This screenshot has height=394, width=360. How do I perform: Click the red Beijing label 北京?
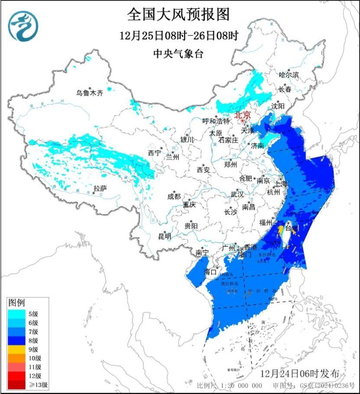click(x=242, y=115)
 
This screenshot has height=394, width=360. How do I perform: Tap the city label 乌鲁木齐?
click(x=90, y=93)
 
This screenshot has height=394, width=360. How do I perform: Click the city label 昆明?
click(x=165, y=236)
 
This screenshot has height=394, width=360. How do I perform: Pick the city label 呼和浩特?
click(x=217, y=121)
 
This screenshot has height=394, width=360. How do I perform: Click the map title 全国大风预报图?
click(x=178, y=15)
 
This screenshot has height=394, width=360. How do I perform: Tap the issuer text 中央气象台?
click(x=178, y=54)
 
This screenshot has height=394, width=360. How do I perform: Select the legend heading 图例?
click(x=17, y=301)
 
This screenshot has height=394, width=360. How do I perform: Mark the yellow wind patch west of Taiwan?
click(x=281, y=230)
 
